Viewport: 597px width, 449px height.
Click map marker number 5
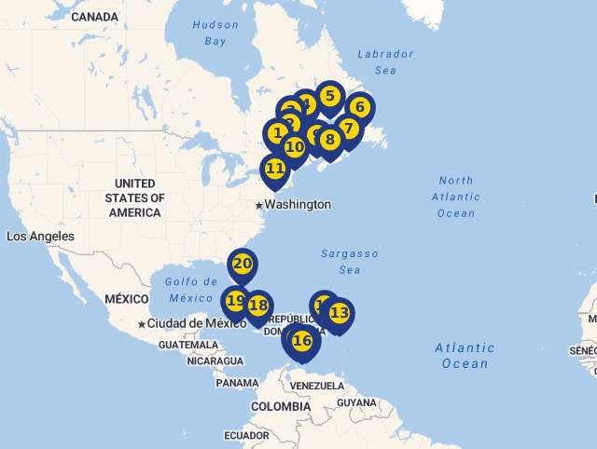pyautogui.click(x=329, y=96)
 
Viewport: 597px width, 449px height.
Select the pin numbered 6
pyautogui.click(x=360, y=107)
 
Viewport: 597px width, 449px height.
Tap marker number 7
pyautogui.click(x=348, y=129)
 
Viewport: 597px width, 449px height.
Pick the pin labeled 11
pyautogui.click(x=275, y=169)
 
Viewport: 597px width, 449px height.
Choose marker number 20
pyautogui.click(x=243, y=264)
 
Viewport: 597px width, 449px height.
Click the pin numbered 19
pyautogui.click(x=235, y=301)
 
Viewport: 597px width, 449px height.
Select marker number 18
pyautogui.click(x=258, y=305)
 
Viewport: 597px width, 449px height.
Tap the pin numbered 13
pyautogui.click(x=339, y=313)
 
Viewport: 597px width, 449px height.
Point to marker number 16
pyautogui.click(x=302, y=341)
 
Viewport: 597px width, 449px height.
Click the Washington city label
pyautogui.click(x=298, y=204)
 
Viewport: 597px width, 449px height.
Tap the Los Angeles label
pyautogui.click(x=40, y=237)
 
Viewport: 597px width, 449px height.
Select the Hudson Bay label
pyautogui.click(x=215, y=34)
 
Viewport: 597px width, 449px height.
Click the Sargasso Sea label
pyautogui.click(x=350, y=262)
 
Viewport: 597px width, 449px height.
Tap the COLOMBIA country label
pyautogui.click(x=280, y=407)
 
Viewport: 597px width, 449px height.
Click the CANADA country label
pyautogui.click(x=94, y=17)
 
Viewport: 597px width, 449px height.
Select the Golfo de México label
pyautogui.click(x=190, y=290)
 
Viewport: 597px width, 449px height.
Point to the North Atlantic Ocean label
pyautogui.click(x=456, y=197)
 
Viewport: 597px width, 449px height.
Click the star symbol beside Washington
pyautogui.click(x=258, y=205)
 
